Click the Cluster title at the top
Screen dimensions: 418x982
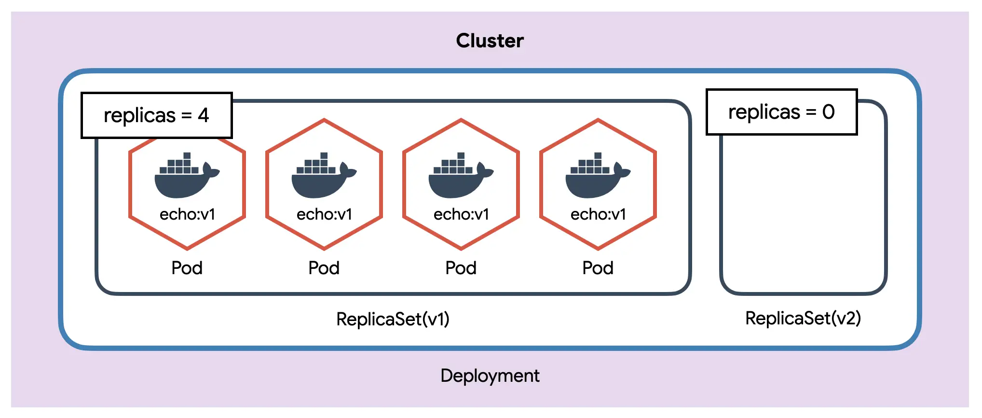click(x=490, y=41)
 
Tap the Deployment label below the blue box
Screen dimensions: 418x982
click(x=490, y=376)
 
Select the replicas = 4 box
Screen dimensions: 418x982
click(x=156, y=115)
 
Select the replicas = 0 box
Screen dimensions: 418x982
click(x=781, y=112)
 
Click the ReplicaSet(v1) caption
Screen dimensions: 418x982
click(x=393, y=319)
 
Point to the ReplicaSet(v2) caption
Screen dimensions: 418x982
click(x=803, y=318)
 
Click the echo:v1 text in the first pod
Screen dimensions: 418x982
click(x=187, y=214)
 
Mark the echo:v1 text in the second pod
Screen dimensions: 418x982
click(x=324, y=214)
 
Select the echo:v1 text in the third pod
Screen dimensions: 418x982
click(x=461, y=214)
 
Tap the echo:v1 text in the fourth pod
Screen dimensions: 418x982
click(x=598, y=214)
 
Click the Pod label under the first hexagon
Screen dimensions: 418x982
click(x=187, y=268)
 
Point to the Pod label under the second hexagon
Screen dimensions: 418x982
click(x=324, y=268)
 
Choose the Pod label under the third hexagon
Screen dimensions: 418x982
click(x=461, y=268)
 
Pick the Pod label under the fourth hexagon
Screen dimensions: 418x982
click(x=598, y=268)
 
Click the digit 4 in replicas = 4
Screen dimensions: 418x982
click(x=204, y=115)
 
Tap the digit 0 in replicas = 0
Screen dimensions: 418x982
click(x=829, y=112)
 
